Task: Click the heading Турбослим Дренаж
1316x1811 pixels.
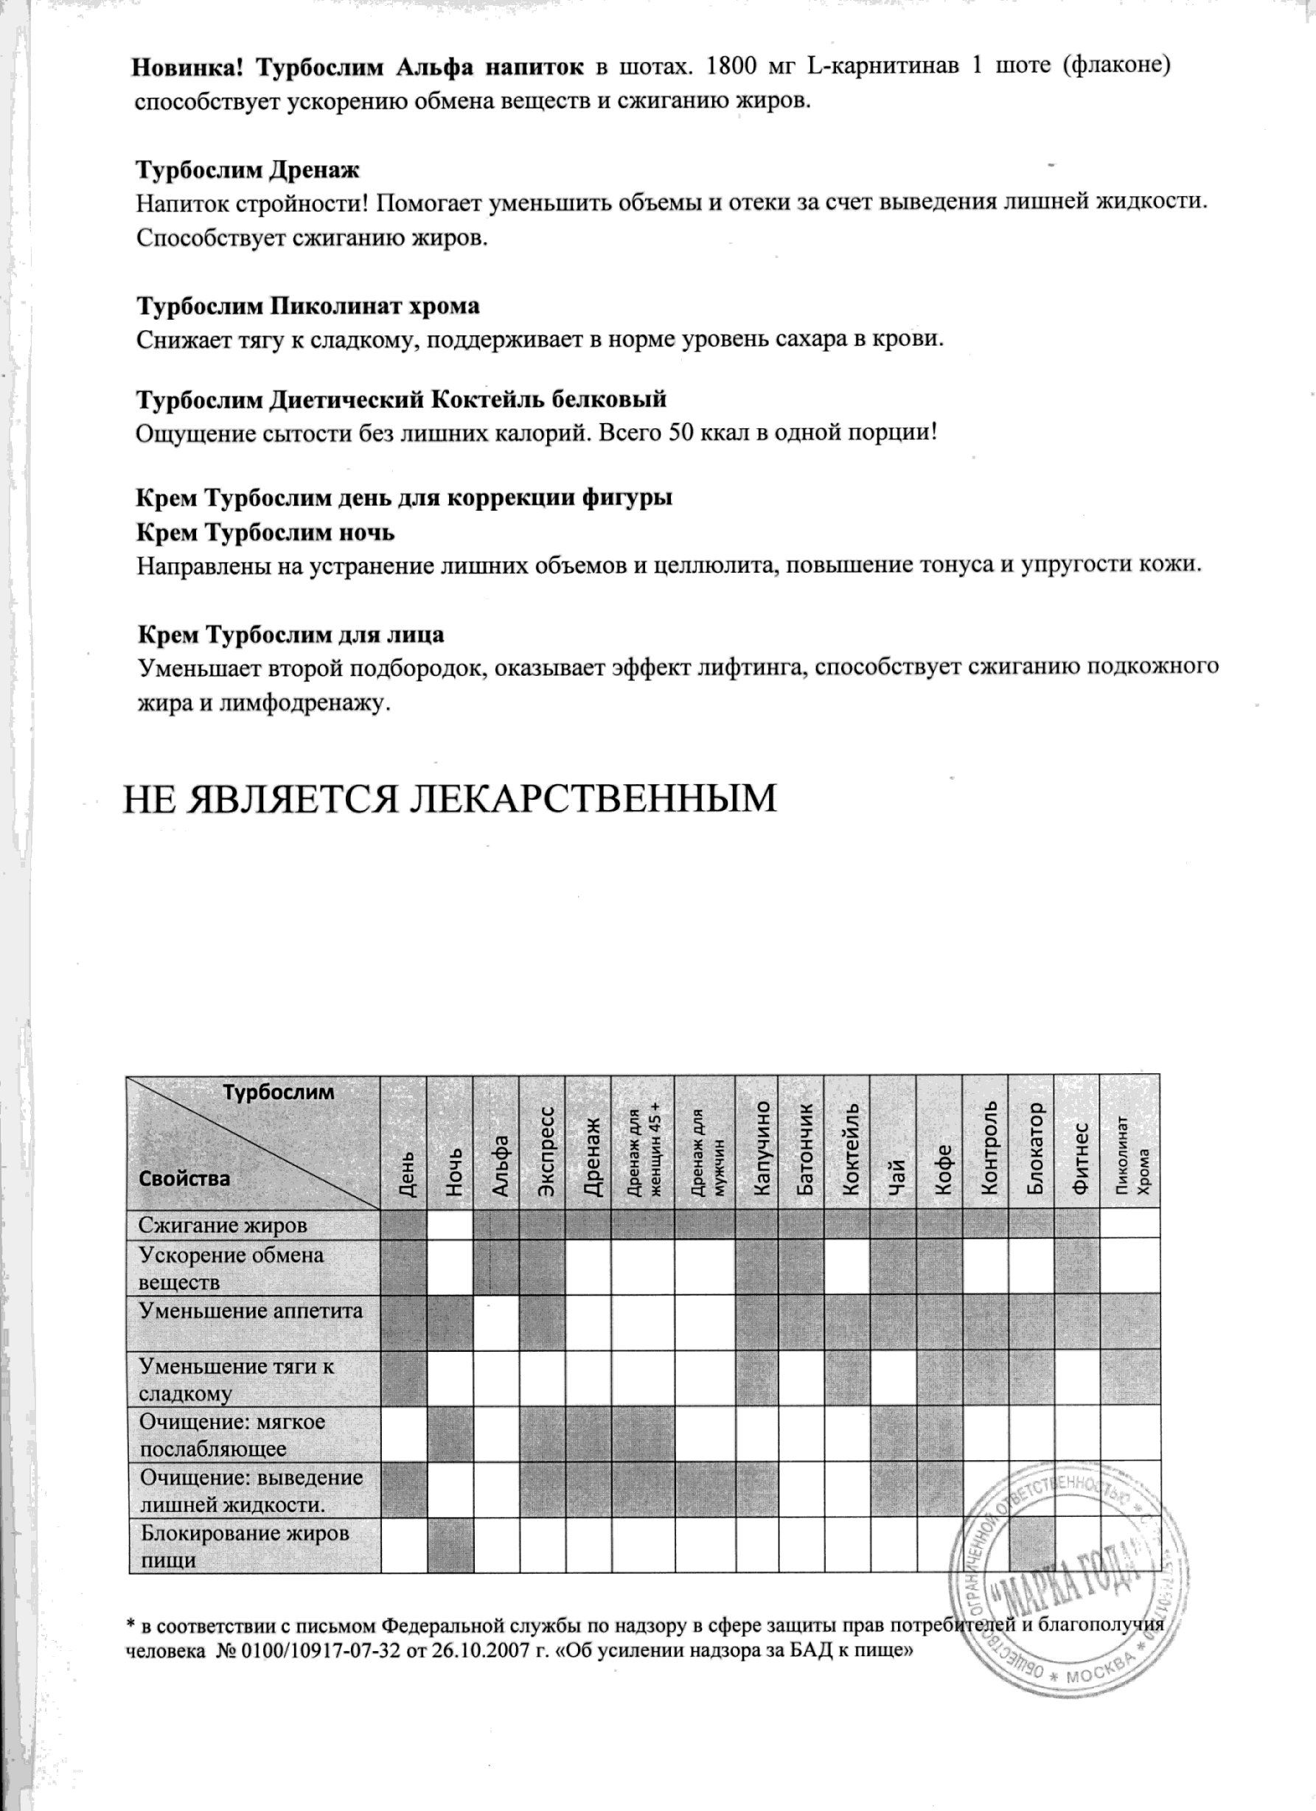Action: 248,170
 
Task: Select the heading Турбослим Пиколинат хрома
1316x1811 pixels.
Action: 308,307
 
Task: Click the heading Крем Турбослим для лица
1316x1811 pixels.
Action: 291,635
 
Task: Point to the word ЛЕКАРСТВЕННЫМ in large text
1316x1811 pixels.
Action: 593,799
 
